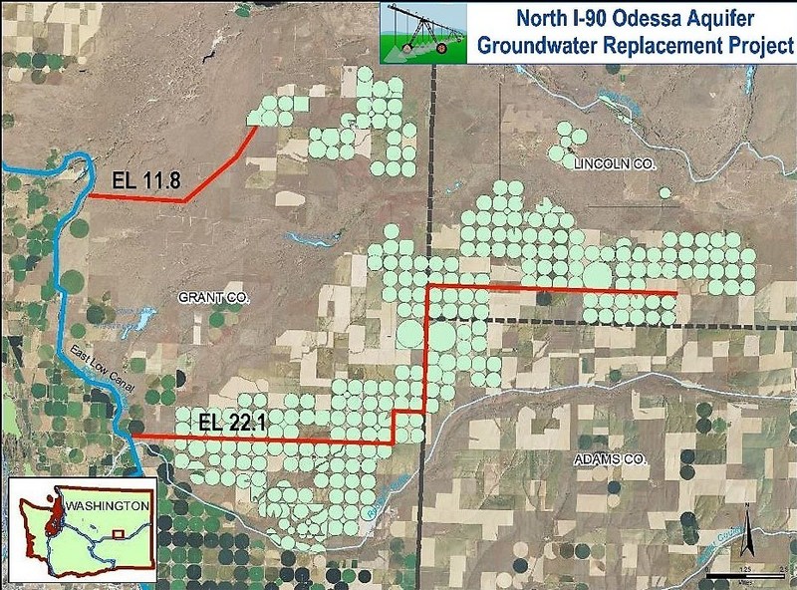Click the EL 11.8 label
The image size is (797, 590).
tap(146, 182)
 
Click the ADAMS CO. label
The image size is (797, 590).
tap(612, 460)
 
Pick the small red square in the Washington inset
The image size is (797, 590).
tap(119, 534)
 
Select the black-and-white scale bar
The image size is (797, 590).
tap(742, 576)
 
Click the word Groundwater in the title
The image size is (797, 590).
tap(545, 45)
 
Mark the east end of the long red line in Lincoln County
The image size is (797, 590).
tap(676, 292)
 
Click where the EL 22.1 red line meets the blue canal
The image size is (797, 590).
tap(133, 437)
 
